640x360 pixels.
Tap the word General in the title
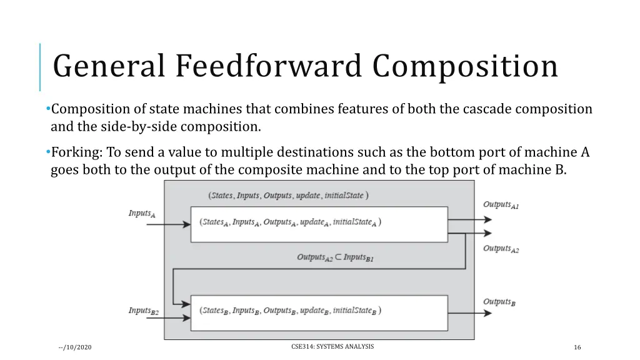tap(110, 66)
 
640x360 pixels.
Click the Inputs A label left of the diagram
tap(142, 214)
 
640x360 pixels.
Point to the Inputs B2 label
tap(144, 311)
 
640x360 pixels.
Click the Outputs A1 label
tap(501, 205)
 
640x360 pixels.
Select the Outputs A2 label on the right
tap(501, 249)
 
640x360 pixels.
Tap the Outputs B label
tap(499, 302)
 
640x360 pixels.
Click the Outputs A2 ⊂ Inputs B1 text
tap(335, 257)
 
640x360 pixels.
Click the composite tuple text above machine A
tap(288, 196)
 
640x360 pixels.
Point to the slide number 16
tap(577, 347)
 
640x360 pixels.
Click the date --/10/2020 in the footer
tap(74, 347)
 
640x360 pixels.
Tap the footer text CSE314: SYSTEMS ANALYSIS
tap(332, 346)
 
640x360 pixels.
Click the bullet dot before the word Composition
tap(48, 109)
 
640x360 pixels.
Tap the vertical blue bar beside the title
tap(40, 67)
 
